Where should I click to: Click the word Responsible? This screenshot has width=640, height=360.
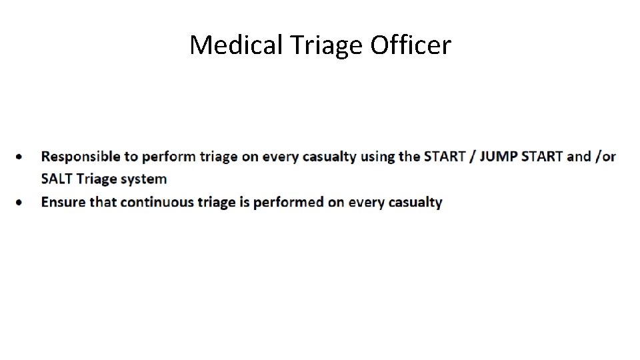(81, 157)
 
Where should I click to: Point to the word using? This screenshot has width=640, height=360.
(377, 157)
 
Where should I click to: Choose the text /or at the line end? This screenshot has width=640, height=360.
(605, 157)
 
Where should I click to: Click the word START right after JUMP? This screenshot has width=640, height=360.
(542, 157)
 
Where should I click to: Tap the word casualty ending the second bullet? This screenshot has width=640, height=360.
(415, 202)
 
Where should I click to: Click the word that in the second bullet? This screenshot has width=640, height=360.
(103, 202)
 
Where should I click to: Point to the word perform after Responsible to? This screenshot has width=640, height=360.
(165, 157)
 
